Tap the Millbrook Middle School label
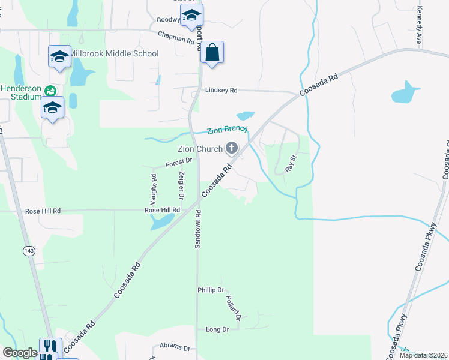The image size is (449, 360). click(113, 53)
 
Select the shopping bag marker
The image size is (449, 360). click(212, 52)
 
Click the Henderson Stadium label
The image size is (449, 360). click(21, 92)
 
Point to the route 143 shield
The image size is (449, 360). click(29, 250)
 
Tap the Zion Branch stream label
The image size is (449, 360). click(228, 130)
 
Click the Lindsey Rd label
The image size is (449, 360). click(221, 91)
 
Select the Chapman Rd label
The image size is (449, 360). click(176, 38)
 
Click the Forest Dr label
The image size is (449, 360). click(179, 161)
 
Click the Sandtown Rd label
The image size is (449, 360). click(197, 229)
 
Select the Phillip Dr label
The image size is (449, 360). click(211, 290)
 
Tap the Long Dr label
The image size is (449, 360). click(217, 329)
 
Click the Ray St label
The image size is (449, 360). click(292, 164)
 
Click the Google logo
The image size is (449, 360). click(20, 353)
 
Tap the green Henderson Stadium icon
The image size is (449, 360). click(50, 91)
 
